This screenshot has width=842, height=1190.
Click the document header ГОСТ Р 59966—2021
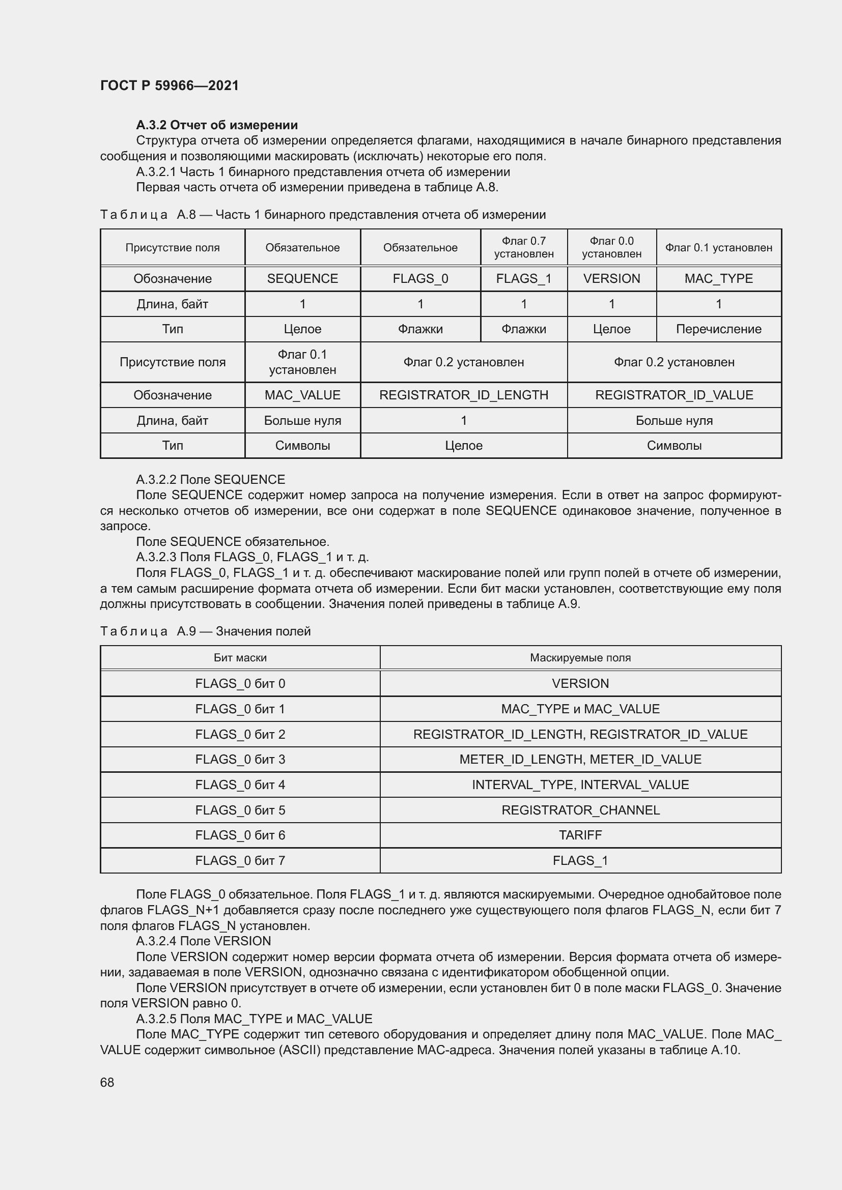[170, 85]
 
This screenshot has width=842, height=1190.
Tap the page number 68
[107, 1082]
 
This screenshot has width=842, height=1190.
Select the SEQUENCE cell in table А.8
[302, 278]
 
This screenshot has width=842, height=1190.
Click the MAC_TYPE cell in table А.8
[718, 278]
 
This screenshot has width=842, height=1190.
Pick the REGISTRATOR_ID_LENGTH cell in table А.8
[464, 395]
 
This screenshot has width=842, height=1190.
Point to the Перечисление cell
[718, 329]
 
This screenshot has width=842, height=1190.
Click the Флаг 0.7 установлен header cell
[524, 247]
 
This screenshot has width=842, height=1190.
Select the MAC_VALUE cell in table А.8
[302, 395]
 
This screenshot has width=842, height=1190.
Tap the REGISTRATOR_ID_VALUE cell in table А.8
[673, 395]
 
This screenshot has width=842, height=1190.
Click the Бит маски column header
[240, 658]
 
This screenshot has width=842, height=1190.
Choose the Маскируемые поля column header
[580, 658]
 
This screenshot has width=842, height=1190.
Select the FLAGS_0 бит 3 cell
[240, 759]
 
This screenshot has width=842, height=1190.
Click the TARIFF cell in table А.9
[580, 835]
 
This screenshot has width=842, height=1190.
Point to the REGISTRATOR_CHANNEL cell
[580, 810]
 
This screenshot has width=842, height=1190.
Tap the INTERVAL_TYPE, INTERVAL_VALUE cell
[580, 785]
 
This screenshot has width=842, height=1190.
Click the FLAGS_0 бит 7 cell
[240, 860]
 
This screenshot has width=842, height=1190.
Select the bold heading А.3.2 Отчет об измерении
[217, 125]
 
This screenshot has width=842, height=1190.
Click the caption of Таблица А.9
[205, 631]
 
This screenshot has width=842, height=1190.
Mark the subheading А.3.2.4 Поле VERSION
[203, 941]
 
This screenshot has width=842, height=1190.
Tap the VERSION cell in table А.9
[580, 684]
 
